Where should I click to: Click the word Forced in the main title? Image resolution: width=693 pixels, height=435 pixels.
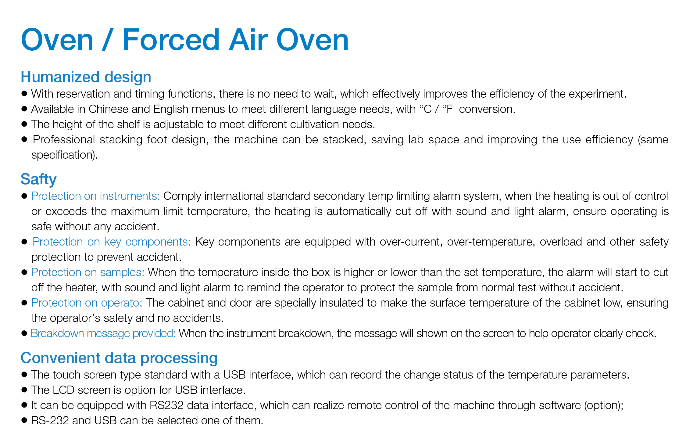(171, 40)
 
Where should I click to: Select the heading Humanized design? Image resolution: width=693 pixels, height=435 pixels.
(86, 77)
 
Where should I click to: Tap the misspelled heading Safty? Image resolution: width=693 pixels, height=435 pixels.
(38, 179)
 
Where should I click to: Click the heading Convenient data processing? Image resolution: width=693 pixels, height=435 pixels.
(119, 358)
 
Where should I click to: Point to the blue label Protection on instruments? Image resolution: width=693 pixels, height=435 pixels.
(95, 196)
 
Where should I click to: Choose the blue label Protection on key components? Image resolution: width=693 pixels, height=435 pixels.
(112, 242)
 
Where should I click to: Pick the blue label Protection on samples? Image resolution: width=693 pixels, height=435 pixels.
(88, 272)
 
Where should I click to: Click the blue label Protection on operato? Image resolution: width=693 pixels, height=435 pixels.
(87, 303)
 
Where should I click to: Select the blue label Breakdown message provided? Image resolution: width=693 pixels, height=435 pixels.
(103, 333)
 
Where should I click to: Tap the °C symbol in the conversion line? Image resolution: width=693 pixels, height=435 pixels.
(426, 109)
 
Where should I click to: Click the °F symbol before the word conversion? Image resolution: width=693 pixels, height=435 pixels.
(448, 109)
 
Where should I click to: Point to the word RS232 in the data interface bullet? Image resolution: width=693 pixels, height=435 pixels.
(166, 405)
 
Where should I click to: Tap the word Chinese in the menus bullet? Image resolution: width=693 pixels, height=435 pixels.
(104, 109)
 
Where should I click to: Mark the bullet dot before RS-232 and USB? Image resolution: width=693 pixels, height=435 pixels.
(24, 421)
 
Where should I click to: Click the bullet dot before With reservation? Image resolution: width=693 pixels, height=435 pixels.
(24, 94)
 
